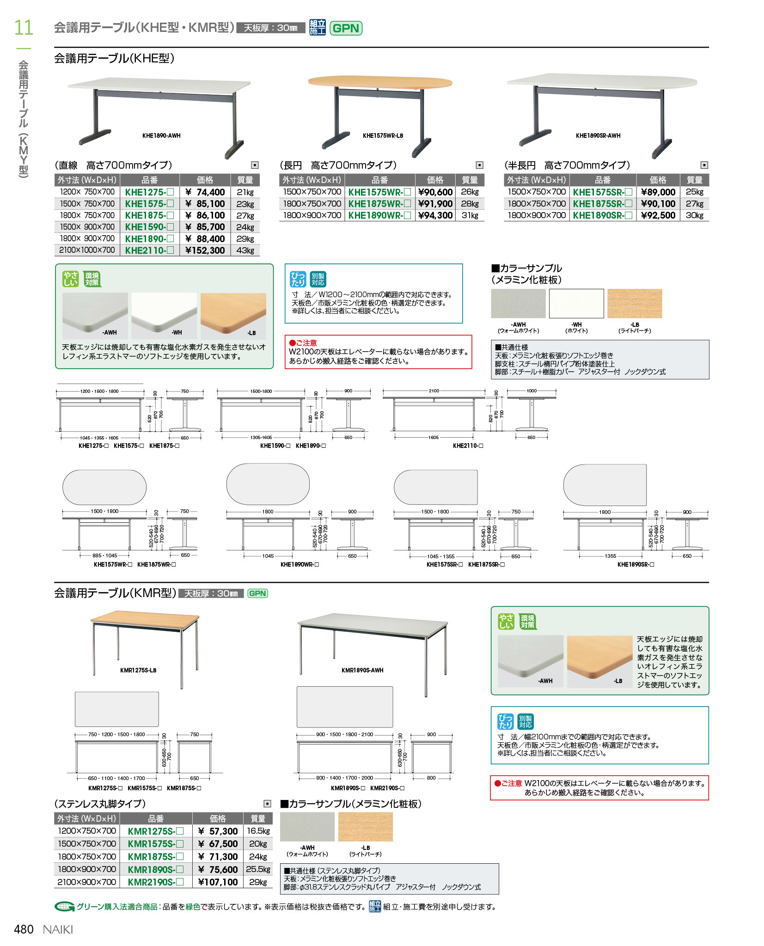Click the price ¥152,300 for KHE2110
point(205,250)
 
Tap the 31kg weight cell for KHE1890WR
point(470,215)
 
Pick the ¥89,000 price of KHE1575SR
point(658,192)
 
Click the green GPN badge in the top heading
point(346,28)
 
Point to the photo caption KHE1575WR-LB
point(383,136)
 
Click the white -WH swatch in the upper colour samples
point(576,304)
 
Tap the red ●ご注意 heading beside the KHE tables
point(303,343)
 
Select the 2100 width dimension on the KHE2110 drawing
point(434,391)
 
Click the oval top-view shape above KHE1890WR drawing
point(268,484)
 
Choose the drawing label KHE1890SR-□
point(636,564)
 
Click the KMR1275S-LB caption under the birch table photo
point(138,670)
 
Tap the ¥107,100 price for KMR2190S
point(218,882)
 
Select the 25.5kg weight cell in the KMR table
point(258,869)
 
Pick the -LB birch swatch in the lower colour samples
point(365,827)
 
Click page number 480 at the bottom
point(24,929)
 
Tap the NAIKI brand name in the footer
point(58,929)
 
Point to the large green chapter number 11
point(23,28)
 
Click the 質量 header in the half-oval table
point(694,180)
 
